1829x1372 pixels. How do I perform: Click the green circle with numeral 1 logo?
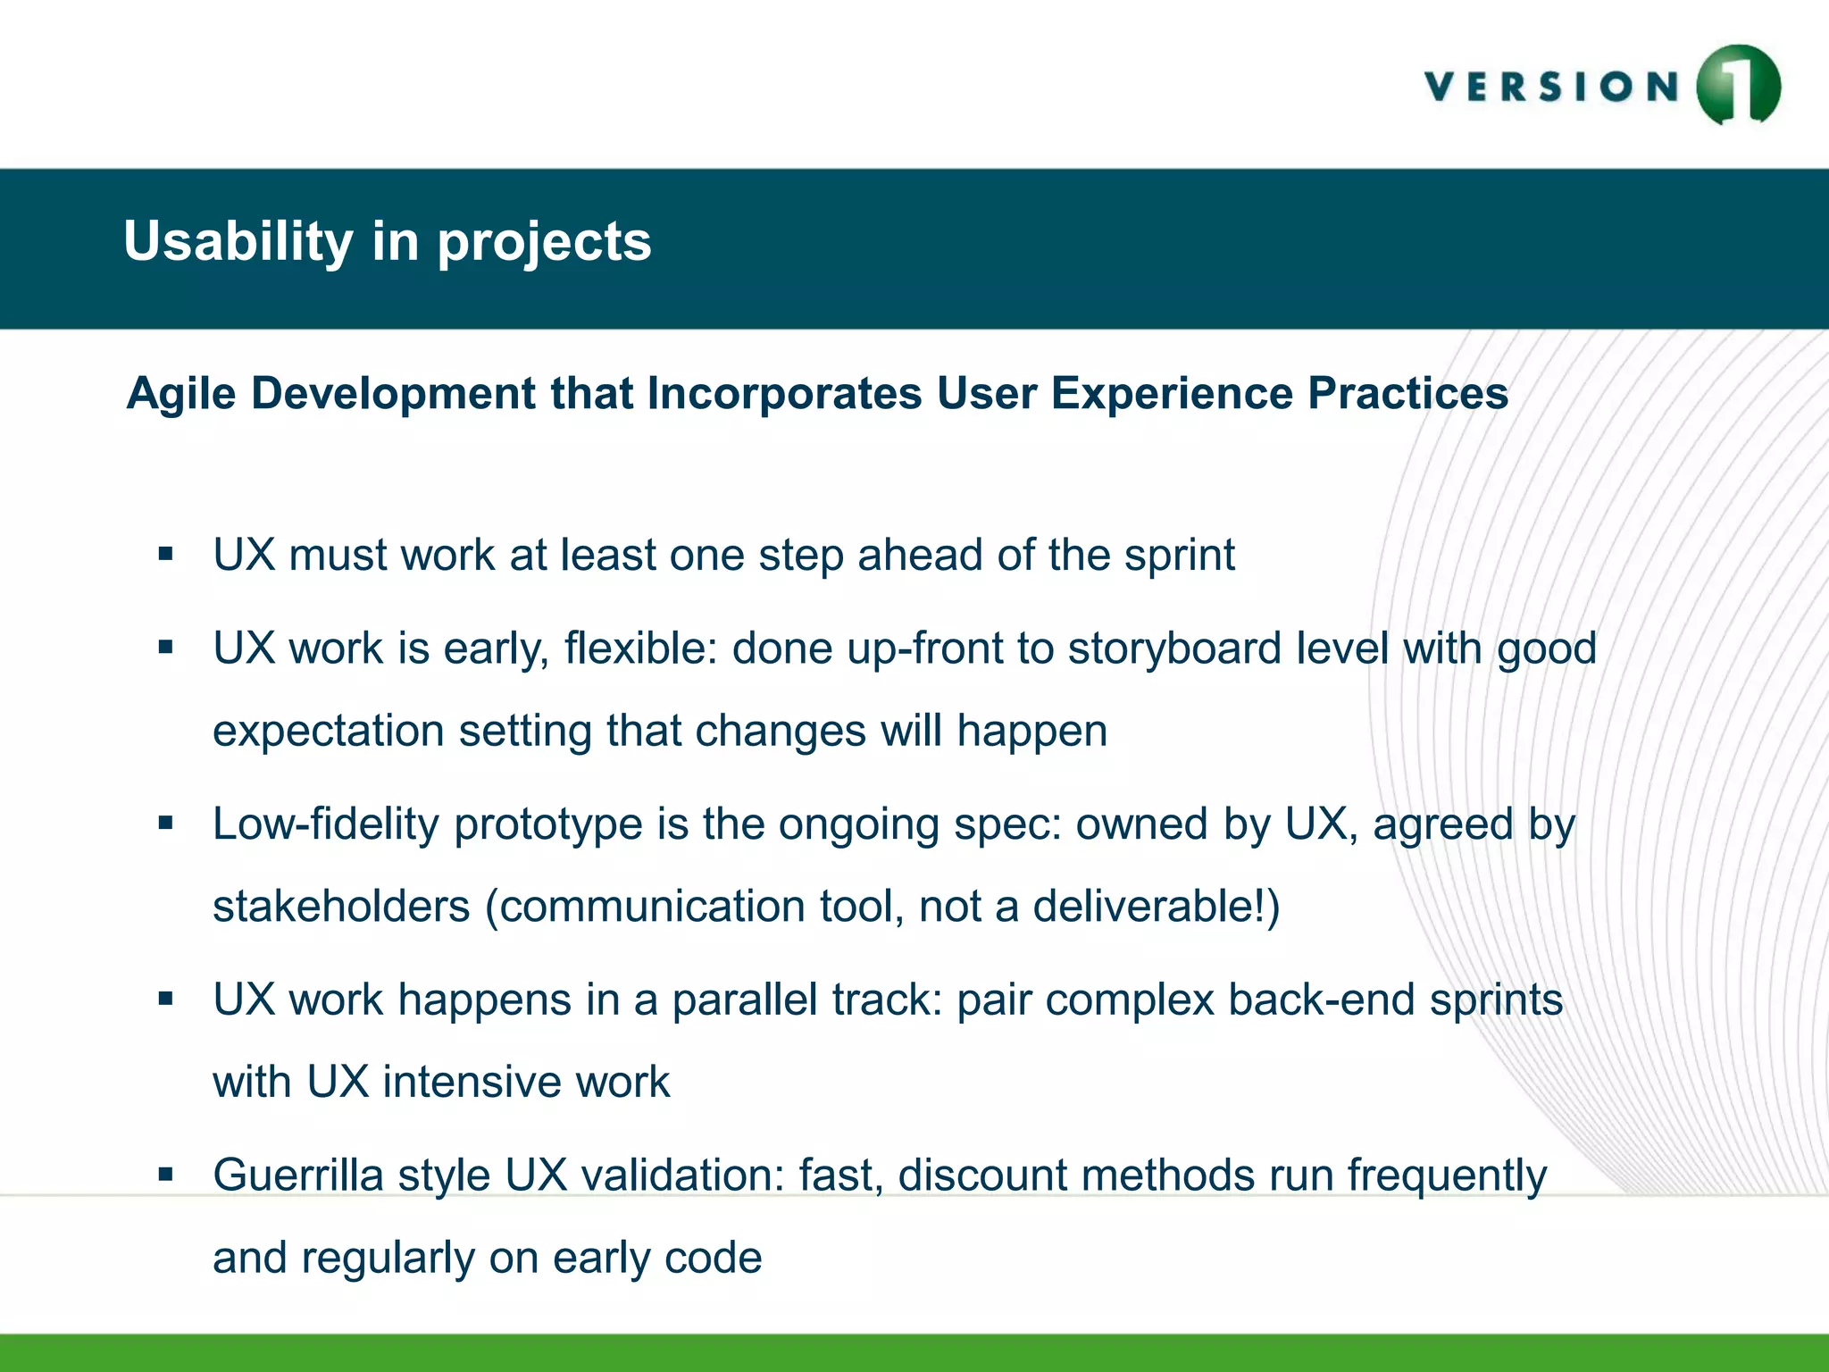[x=1738, y=86]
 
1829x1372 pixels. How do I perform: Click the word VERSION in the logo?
[x=1551, y=88]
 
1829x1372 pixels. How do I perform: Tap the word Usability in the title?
[x=238, y=242]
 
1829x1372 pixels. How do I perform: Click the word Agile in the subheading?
[x=181, y=394]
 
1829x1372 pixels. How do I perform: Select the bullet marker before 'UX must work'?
[x=165, y=555]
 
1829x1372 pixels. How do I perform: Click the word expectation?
[x=328, y=732]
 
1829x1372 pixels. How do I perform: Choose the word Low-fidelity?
[x=325, y=824]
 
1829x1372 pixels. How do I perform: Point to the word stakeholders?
[x=341, y=907]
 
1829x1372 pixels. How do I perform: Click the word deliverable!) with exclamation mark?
[x=1157, y=907]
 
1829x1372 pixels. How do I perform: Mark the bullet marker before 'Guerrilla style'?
[x=165, y=1175]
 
